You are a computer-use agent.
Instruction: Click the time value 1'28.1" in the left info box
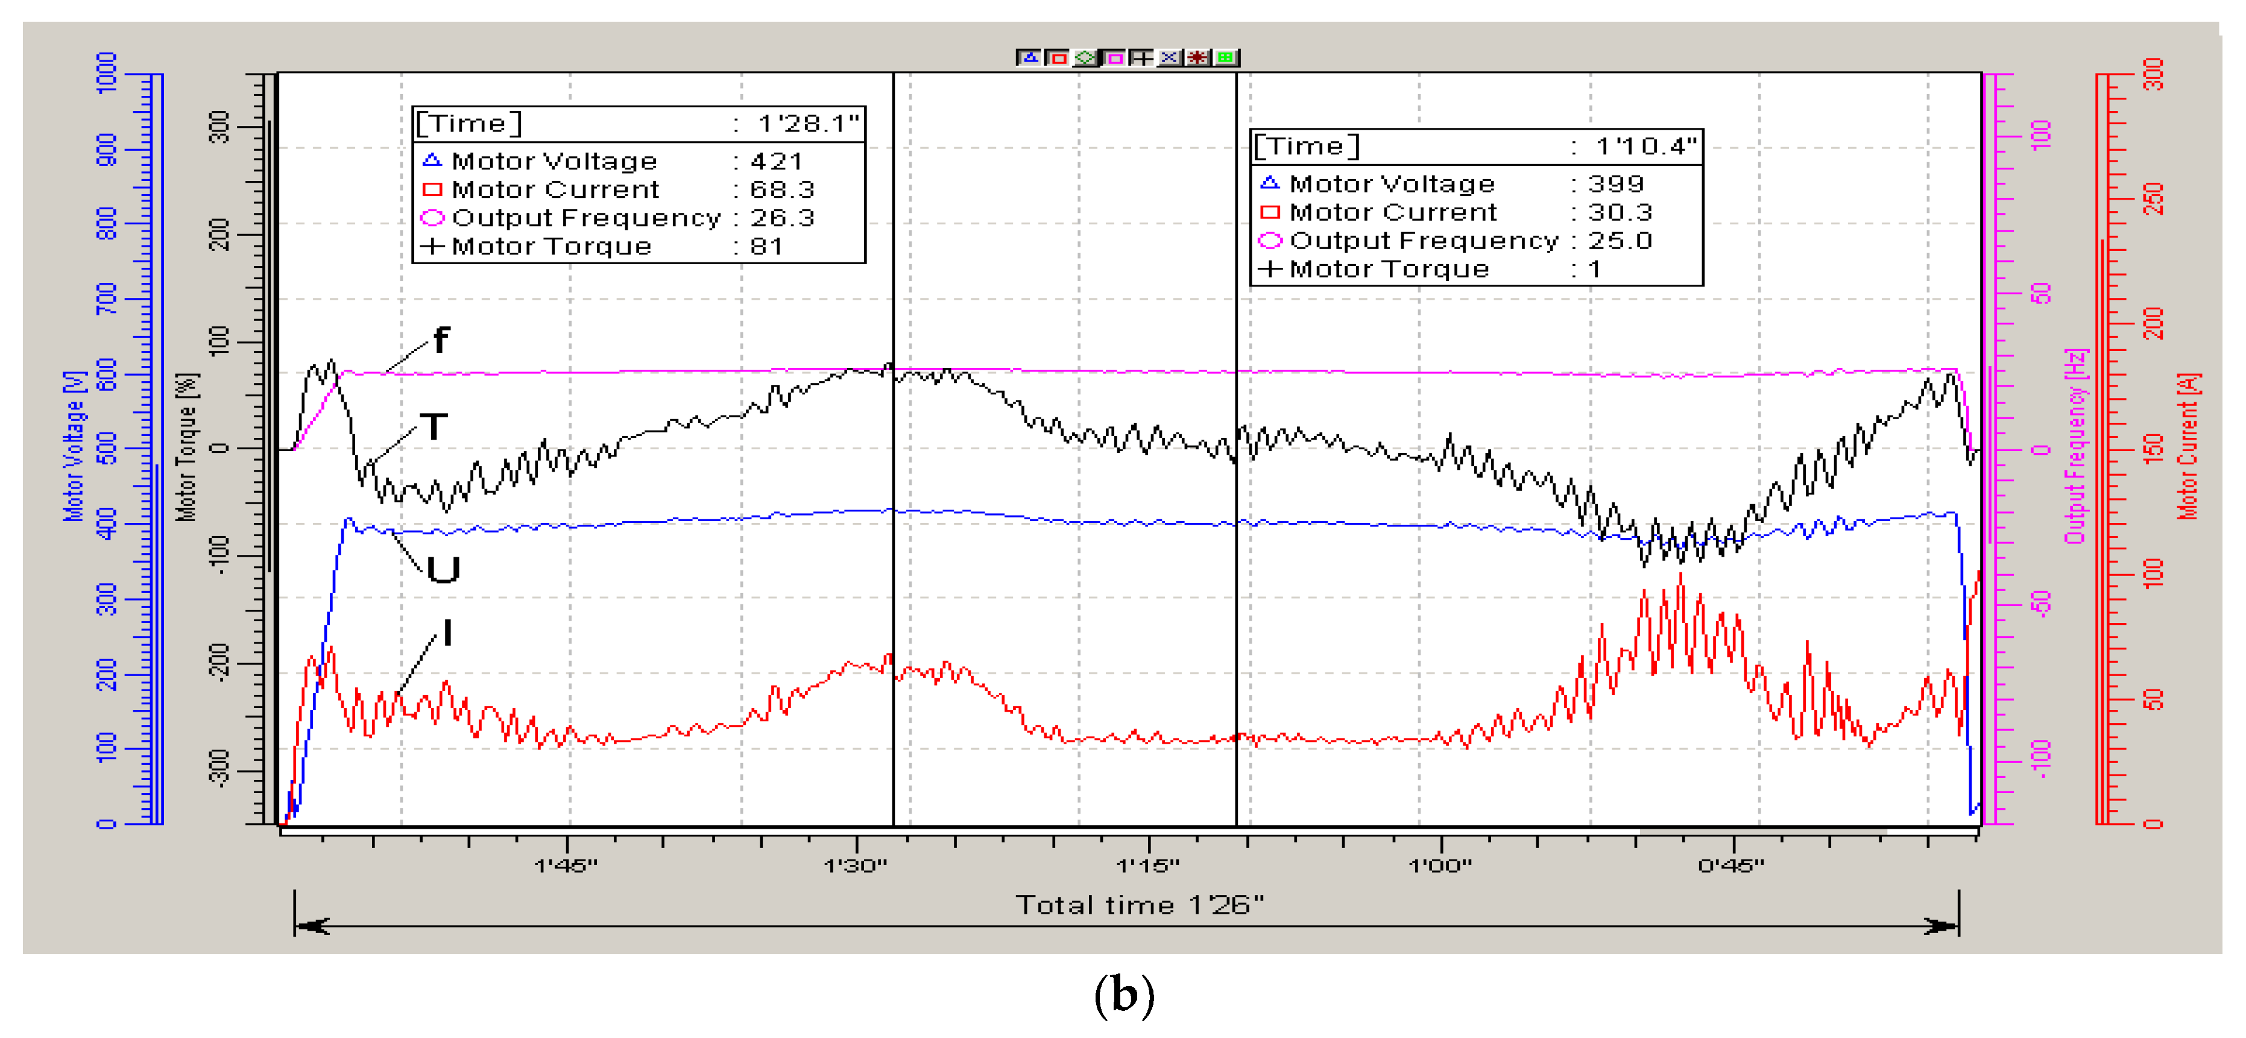point(807,124)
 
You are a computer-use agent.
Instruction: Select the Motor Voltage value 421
point(776,162)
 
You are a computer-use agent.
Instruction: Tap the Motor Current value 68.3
point(782,190)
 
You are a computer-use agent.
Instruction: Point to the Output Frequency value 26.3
point(782,218)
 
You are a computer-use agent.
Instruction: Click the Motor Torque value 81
point(766,247)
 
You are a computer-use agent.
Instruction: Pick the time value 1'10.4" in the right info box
point(1645,147)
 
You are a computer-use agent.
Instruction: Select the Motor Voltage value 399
point(1616,184)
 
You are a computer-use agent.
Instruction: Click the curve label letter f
point(441,340)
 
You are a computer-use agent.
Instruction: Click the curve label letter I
point(447,633)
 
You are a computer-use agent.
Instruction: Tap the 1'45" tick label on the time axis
point(566,866)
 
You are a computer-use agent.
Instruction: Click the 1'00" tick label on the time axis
point(1439,866)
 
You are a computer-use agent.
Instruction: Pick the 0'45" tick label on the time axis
point(1730,866)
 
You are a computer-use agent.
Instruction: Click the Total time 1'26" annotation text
point(1140,905)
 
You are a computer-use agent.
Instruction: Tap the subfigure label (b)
point(1124,995)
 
